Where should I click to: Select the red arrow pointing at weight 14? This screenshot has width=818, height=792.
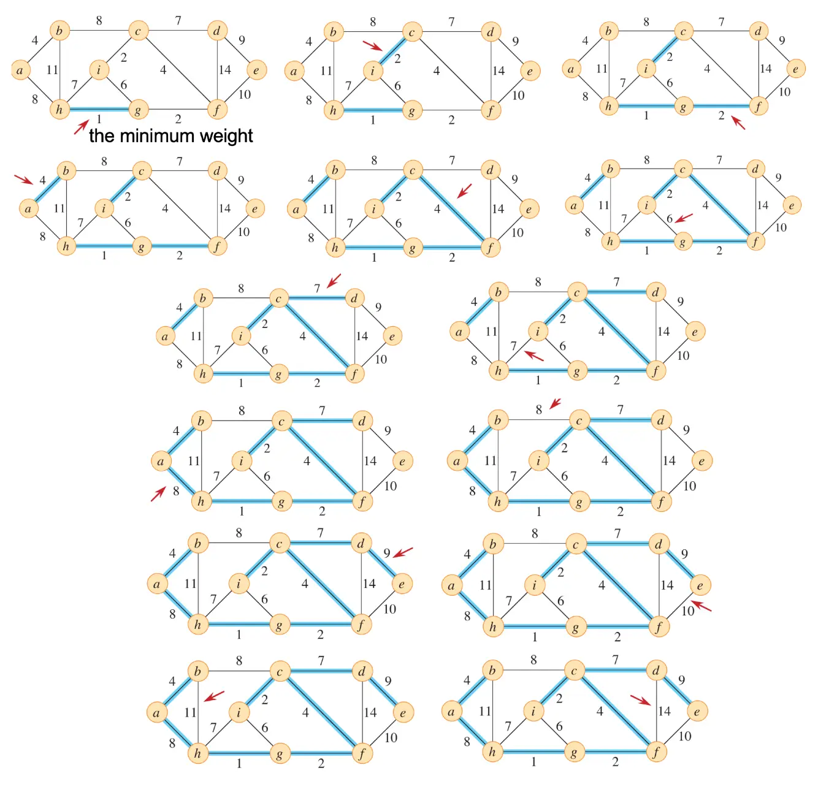coord(641,700)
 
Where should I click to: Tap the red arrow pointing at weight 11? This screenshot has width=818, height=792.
coord(214,696)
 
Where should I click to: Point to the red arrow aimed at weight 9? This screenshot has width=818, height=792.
coord(403,553)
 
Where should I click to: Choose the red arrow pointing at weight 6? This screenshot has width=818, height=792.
coord(684,218)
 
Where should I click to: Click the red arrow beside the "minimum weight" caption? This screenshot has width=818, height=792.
coord(81,127)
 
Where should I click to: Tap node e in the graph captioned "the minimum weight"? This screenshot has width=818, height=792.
coord(256,70)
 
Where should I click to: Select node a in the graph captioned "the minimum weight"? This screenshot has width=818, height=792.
coord(20,70)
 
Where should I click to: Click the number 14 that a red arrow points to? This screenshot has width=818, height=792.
coord(665,711)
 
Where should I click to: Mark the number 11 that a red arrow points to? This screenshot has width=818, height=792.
coord(191,712)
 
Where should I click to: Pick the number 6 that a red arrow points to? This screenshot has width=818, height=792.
coord(670,219)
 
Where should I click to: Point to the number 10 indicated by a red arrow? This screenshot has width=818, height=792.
coord(687,611)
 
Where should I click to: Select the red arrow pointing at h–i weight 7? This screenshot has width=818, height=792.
coord(533,356)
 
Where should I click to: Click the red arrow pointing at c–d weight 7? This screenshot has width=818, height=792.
coord(334,281)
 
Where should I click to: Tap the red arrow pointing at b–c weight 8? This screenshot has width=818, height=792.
coord(556,403)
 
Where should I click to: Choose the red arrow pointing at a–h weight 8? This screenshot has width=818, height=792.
coord(159,493)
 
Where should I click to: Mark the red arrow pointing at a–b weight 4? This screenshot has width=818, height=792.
coord(24,179)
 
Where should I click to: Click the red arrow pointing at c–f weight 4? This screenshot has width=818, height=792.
coord(465,191)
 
